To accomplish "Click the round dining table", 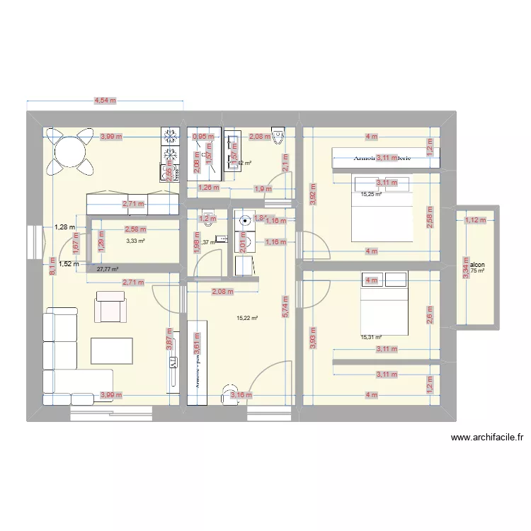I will (x=69, y=150).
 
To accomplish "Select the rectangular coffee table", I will (x=111, y=352).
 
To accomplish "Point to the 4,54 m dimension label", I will (x=105, y=101).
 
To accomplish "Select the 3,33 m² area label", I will (x=135, y=241).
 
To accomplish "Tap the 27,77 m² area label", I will (x=107, y=270).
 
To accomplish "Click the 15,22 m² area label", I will (x=247, y=318).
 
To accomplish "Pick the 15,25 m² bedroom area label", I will (x=371, y=195).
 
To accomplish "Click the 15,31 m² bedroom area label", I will (x=371, y=338).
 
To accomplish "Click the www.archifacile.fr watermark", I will (x=486, y=438).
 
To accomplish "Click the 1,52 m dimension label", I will (x=69, y=264).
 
